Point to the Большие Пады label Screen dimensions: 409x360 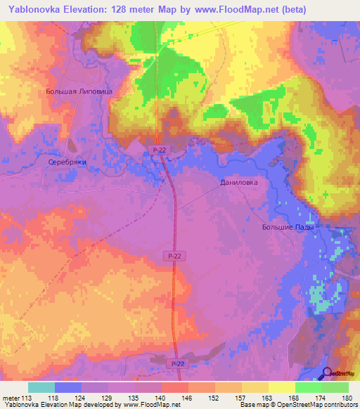pos(286,228)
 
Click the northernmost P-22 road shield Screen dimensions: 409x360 pos(159,150)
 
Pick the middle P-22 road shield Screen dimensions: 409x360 pos(175,258)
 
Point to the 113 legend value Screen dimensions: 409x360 pos(28,398)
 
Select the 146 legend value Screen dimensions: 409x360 pos(188,398)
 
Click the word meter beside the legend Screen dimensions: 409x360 pos(11,398)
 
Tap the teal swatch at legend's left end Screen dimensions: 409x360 pos(41,387)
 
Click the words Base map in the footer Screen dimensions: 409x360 pos(254,405)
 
